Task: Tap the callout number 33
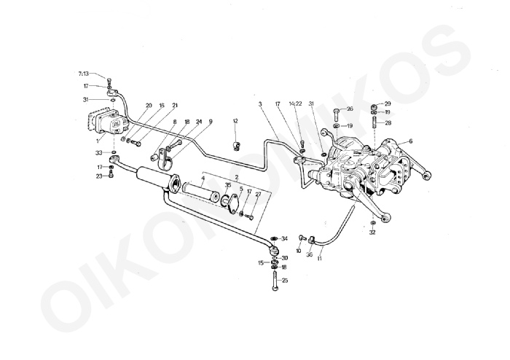[98, 152]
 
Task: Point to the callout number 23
[99, 176]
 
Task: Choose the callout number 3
[261, 104]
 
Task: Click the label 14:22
[294, 104]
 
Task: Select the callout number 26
[350, 109]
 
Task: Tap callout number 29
[388, 103]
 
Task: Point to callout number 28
[388, 122]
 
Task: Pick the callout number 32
[372, 232]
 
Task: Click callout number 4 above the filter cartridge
[203, 179]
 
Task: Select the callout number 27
[257, 194]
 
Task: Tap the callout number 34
[284, 238]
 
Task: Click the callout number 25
[284, 280]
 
